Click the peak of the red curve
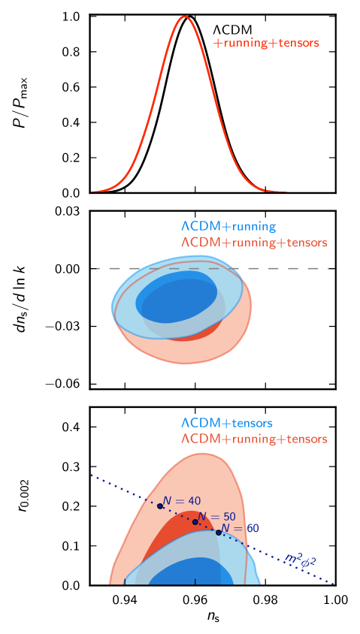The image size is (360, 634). [x=184, y=17]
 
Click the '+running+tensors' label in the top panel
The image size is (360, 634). [x=267, y=44]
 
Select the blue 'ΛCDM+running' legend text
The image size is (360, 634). [x=228, y=226]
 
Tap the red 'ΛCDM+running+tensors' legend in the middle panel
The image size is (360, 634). [x=254, y=243]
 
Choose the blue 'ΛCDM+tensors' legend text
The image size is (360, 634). [x=226, y=423]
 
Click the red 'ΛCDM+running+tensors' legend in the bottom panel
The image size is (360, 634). [x=254, y=439]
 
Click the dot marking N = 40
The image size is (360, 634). [x=160, y=506]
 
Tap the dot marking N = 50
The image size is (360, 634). [x=195, y=522]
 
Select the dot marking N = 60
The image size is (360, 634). [x=219, y=533]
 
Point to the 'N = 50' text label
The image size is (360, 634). [x=217, y=517]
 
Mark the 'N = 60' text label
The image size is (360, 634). [x=241, y=528]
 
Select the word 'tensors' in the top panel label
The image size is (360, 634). [x=298, y=44]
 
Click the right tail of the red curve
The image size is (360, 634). [x=263, y=189]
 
